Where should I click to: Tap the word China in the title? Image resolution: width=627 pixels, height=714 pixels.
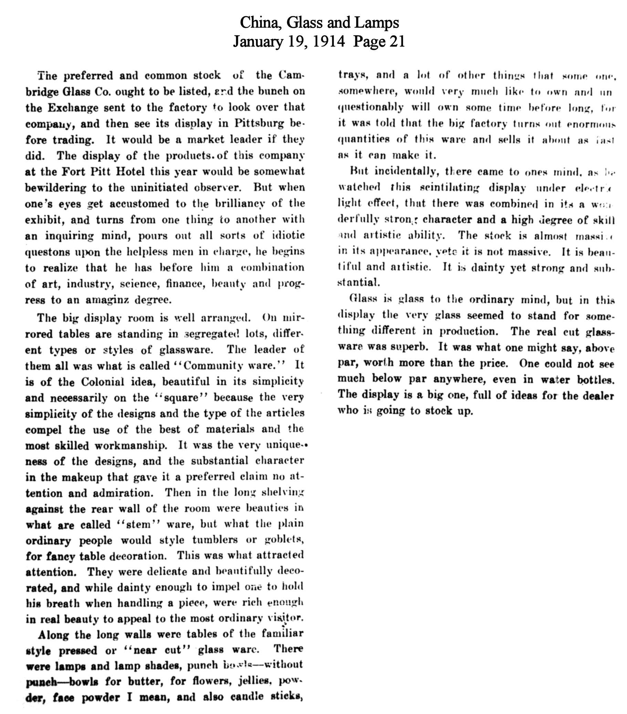coord(261,23)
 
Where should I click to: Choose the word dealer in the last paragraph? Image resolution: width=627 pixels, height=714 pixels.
coord(596,396)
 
